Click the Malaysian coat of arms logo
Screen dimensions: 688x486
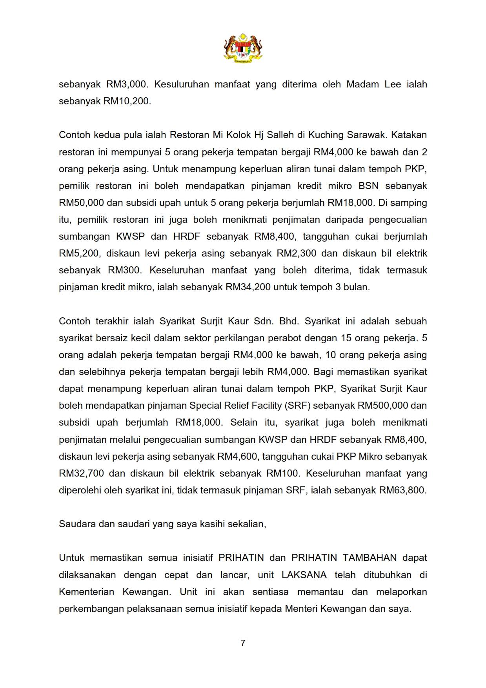(x=243, y=48)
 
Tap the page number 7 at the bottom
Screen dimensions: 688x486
(x=243, y=642)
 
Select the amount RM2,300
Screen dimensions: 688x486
(x=296, y=253)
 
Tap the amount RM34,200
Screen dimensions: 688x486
(x=248, y=287)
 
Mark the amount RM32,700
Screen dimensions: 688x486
(x=81, y=473)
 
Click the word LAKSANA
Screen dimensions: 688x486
(x=304, y=575)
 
